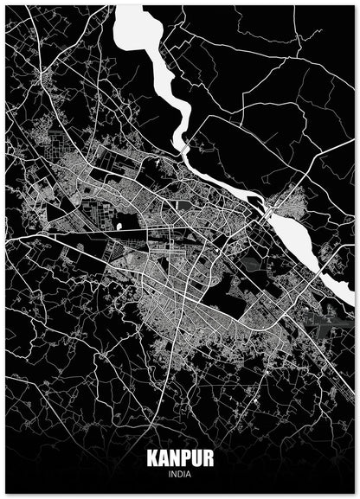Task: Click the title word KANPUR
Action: [180, 458]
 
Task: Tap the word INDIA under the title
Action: [180, 473]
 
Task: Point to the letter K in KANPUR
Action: [152, 458]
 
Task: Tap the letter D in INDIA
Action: [180, 473]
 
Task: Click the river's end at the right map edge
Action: [350, 298]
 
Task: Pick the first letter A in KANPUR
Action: [162, 458]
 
